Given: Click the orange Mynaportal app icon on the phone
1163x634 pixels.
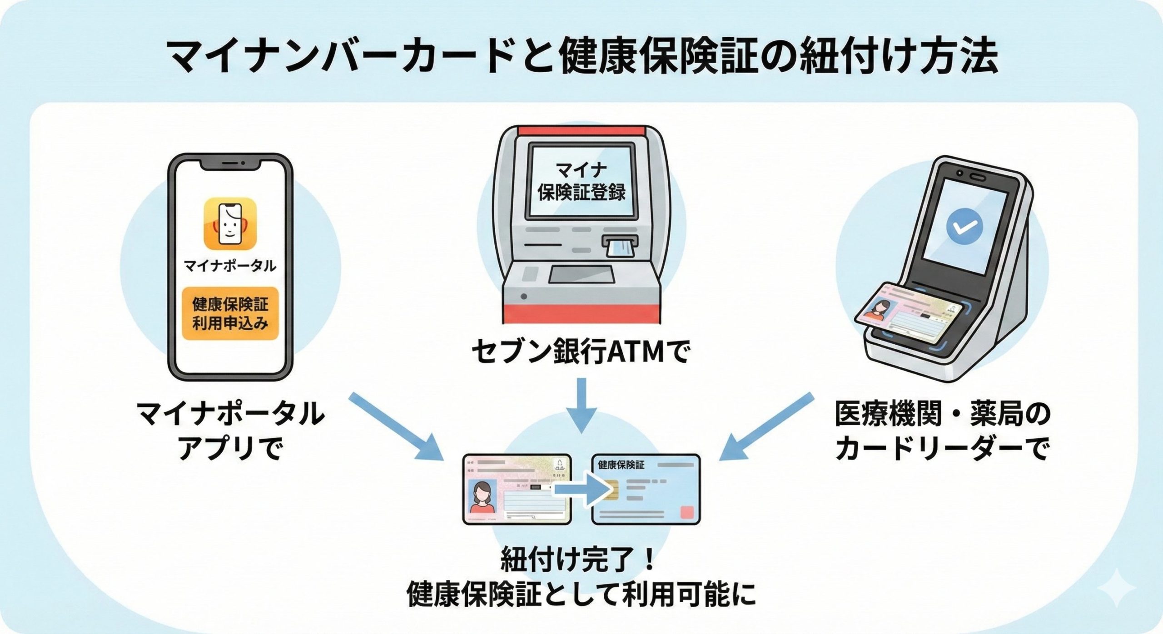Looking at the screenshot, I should tap(230, 223).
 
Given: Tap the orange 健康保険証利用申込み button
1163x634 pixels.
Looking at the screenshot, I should tap(230, 313).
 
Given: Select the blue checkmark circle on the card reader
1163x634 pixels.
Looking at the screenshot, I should tap(964, 227).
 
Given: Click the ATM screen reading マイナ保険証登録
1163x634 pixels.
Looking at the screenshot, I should tap(581, 182).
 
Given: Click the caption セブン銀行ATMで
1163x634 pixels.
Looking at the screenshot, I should tap(581, 352).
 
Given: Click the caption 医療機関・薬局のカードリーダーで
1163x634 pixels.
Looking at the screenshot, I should tap(943, 431).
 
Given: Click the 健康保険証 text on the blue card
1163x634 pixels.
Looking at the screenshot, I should tap(621, 465).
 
